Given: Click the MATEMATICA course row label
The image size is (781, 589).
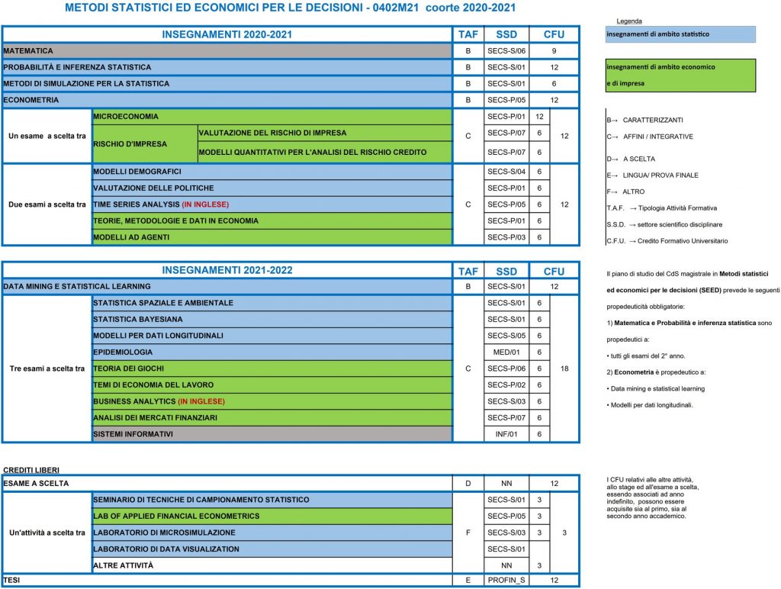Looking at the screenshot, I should (29, 50).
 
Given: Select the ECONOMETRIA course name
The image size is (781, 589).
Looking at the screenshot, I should (31, 100).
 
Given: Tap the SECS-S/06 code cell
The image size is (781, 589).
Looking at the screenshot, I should (506, 50).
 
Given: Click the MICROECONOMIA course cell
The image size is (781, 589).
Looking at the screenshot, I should (126, 117).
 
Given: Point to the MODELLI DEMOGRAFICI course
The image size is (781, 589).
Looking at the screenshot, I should (137, 172).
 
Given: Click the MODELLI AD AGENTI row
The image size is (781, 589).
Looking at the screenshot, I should (131, 237).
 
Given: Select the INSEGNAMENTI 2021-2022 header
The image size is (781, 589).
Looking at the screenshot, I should (227, 270).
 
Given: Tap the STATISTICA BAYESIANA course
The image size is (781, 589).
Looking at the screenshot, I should (138, 319).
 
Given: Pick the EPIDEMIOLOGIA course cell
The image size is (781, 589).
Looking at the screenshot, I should (123, 352).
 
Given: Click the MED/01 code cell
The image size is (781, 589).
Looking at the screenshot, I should (506, 352).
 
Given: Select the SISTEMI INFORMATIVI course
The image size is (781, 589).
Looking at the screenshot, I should (133, 434).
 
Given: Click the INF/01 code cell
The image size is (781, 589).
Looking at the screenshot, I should (506, 434).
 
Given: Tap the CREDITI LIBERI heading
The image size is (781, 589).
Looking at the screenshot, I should (31, 469).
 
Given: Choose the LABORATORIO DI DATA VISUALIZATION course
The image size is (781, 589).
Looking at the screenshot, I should (166, 549).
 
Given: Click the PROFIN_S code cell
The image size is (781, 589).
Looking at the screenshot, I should (506, 581).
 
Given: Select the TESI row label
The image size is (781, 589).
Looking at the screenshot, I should (11, 581).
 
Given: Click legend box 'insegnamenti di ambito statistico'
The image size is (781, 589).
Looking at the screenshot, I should (679, 34).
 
